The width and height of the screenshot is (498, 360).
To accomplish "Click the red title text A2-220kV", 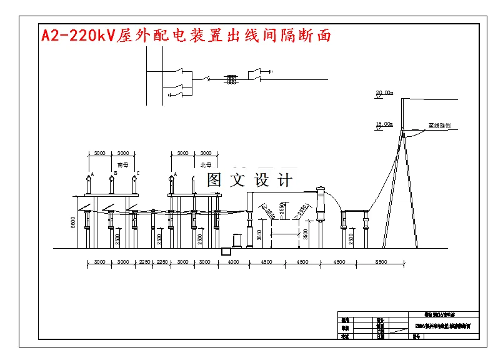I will coord(76,36).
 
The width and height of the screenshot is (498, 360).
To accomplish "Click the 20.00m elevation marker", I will coord(384,93).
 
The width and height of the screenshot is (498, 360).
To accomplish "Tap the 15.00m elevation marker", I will coord(384,124).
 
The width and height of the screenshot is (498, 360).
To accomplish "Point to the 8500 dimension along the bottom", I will coord(381,262).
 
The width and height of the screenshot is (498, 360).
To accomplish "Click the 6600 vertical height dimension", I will coord(73,222).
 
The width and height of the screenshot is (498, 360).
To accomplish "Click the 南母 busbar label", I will coord(122,165).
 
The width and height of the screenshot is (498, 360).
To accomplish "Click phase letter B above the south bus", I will coord(116,173).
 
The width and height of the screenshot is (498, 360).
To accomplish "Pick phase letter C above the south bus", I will coord(137,173).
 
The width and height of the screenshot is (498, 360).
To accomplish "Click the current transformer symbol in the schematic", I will coord(232,79).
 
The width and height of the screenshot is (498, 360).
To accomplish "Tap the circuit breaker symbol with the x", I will coord(208,79).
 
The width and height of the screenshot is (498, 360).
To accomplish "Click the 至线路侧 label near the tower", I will coord(439,125).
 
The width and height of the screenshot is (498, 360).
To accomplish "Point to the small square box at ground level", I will coord(226,251).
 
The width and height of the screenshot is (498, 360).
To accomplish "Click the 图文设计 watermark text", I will coord(249,181).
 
